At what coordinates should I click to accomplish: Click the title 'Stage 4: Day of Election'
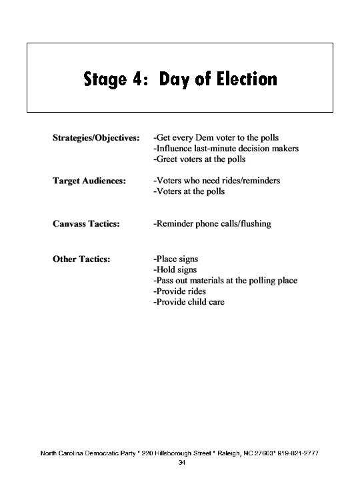180,80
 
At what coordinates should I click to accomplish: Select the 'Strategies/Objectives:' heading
96,138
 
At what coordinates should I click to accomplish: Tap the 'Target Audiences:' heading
89,181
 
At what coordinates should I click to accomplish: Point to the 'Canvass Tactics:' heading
87,223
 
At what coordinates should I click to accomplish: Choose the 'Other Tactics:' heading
81,259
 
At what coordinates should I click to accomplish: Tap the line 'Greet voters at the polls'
199,159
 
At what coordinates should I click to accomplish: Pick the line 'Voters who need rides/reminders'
217,181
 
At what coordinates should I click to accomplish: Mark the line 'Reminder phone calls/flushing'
212,223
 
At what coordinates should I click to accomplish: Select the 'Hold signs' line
175,269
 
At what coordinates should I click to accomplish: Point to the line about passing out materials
225,280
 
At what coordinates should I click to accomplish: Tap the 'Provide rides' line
179,291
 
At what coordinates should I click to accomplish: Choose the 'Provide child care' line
189,302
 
